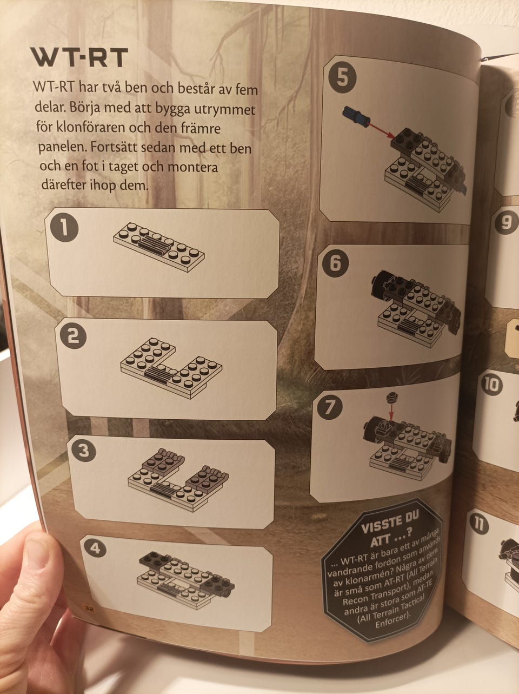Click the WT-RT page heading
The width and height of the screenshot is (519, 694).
tap(79, 57)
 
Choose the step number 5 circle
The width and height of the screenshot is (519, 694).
tap(342, 78)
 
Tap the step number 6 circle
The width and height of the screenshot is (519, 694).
tap(336, 263)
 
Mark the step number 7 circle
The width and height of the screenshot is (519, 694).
tap(329, 406)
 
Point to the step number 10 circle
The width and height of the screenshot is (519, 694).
tap(491, 385)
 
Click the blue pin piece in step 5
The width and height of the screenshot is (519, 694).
tap(356, 116)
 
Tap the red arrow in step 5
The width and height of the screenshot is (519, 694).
tap(382, 130)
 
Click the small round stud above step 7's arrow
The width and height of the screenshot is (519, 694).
tap(391, 397)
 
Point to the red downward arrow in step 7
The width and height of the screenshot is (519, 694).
tap(391, 412)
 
